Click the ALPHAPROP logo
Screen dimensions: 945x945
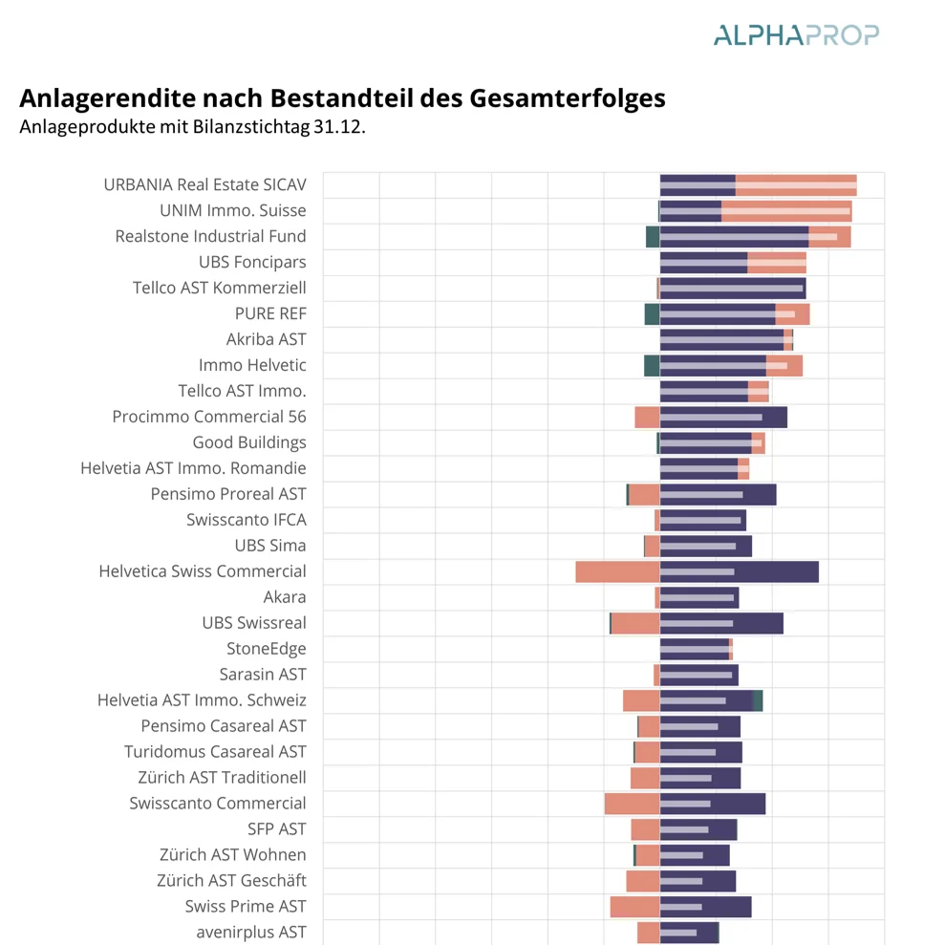[x=795, y=35]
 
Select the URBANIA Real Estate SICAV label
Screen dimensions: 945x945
[x=204, y=184]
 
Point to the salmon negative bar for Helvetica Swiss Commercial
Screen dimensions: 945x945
[x=617, y=571]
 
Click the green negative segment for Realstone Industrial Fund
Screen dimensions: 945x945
[x=653, y=236]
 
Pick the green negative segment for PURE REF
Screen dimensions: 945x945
[x=652, y=313]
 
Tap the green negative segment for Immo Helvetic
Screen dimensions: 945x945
[x=652, y=365]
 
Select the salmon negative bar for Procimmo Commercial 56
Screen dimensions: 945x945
[x=647, y=417]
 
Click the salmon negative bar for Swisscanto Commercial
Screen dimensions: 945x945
[x=632, y=804]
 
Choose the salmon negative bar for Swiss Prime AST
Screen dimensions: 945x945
[x=634, y=907]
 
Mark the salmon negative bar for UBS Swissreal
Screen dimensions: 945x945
[x=635, y=623]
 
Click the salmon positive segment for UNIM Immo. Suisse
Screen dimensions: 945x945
[x=785, y=211]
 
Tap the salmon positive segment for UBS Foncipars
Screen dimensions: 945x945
[x=776, y=263]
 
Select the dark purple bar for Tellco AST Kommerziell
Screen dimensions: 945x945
[x=732, y=288]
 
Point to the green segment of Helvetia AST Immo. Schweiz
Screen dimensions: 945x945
[x=758, y=700]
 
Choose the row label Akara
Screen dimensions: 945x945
[x=285, y=597]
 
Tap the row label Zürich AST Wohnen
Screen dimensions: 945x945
[x=232, y=854]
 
